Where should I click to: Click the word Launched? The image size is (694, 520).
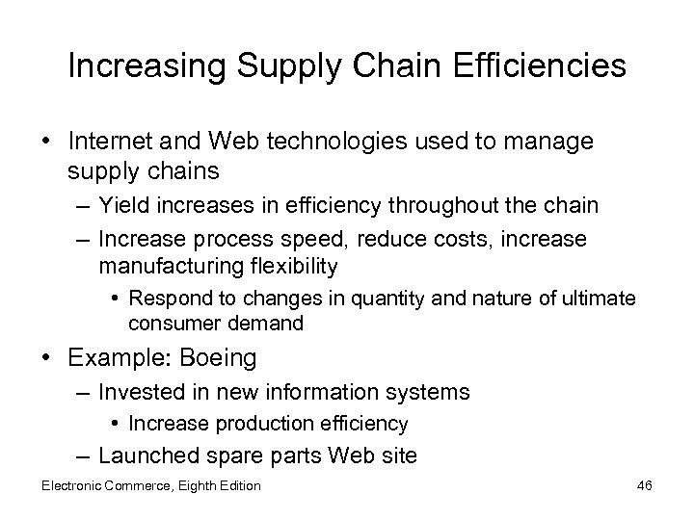[x=146, y=455]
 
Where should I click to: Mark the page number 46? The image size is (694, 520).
[x=644, y=485]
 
